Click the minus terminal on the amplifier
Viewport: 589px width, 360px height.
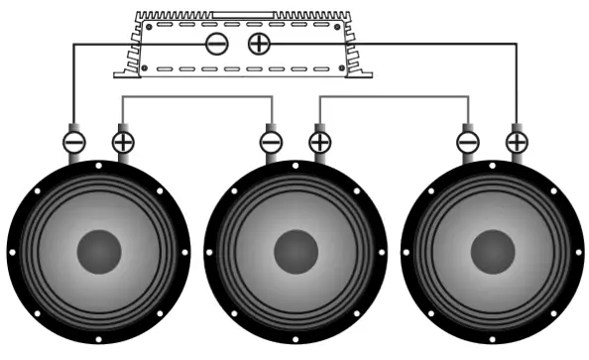217,43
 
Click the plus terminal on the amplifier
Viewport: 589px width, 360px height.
258,43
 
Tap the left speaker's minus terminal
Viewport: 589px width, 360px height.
74,142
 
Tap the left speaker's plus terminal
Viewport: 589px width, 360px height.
123,142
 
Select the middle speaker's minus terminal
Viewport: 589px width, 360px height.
271,142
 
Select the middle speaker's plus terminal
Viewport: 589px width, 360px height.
319,142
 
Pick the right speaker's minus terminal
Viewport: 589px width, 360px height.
467,142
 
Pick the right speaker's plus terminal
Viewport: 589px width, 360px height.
516,142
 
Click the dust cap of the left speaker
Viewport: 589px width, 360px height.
98,252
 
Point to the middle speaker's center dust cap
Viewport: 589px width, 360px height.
294,252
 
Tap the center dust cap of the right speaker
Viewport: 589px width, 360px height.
491,252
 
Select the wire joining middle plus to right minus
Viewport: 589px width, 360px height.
393,96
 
